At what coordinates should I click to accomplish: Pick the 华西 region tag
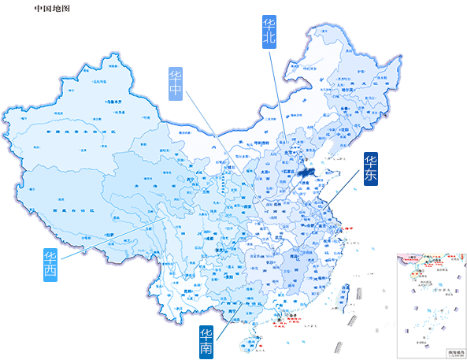click(50, 265)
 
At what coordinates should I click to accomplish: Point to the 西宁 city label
click(191, 180)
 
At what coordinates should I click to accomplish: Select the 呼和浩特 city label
click(256, 144)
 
